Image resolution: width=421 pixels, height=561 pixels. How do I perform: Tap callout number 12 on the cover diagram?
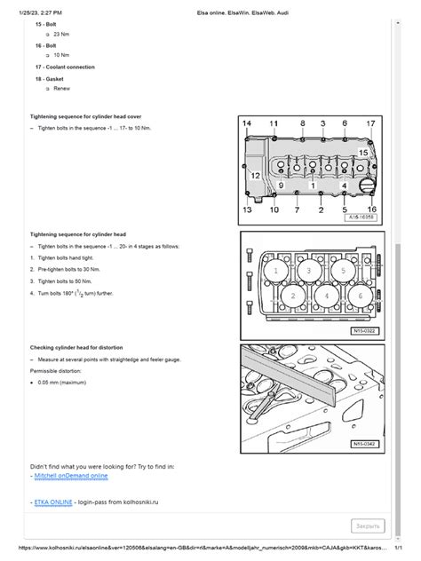254,177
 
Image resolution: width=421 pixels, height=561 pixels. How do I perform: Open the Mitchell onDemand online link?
70,476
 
